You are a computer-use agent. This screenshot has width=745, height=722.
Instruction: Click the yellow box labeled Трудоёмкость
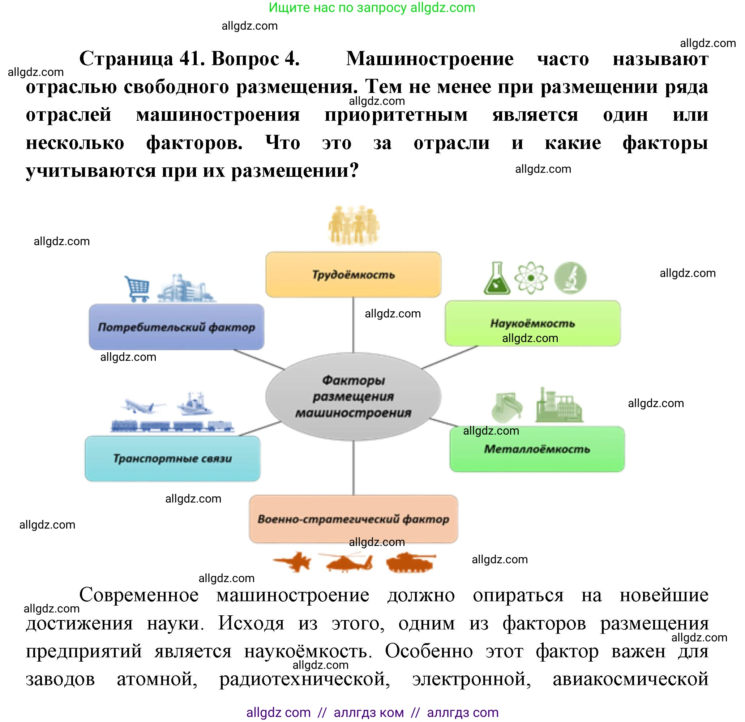tap(353, 274)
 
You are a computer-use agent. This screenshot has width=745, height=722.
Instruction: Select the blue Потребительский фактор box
tap(176, 326)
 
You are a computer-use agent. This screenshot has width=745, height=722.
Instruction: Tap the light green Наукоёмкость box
tap(532, 323)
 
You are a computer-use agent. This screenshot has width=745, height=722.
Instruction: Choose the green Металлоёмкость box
tap(537, 449)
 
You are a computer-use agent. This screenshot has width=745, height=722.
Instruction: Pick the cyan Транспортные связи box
tap(172, 458)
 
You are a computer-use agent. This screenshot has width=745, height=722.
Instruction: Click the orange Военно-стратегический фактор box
tap(353, 518)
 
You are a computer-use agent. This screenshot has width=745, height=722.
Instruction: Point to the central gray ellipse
tap(353, 396)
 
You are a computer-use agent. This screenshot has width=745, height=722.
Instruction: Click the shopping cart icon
tap(137, 288)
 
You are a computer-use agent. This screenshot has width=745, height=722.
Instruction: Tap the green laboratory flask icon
tap(497, 278)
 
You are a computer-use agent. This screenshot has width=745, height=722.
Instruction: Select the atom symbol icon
tap(531, 278)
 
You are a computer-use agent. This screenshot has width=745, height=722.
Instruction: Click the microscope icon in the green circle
tap(570, 278)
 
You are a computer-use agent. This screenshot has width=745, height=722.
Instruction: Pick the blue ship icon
tap(194, 405)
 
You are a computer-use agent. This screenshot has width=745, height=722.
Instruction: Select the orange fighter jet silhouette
tap(293, 561)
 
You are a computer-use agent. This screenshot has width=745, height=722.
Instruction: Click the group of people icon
tap(354, 225)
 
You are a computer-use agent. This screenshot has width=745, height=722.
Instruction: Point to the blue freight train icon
tap(172, 426)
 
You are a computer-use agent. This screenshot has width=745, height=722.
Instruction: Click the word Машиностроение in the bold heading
tap(429, 59)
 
